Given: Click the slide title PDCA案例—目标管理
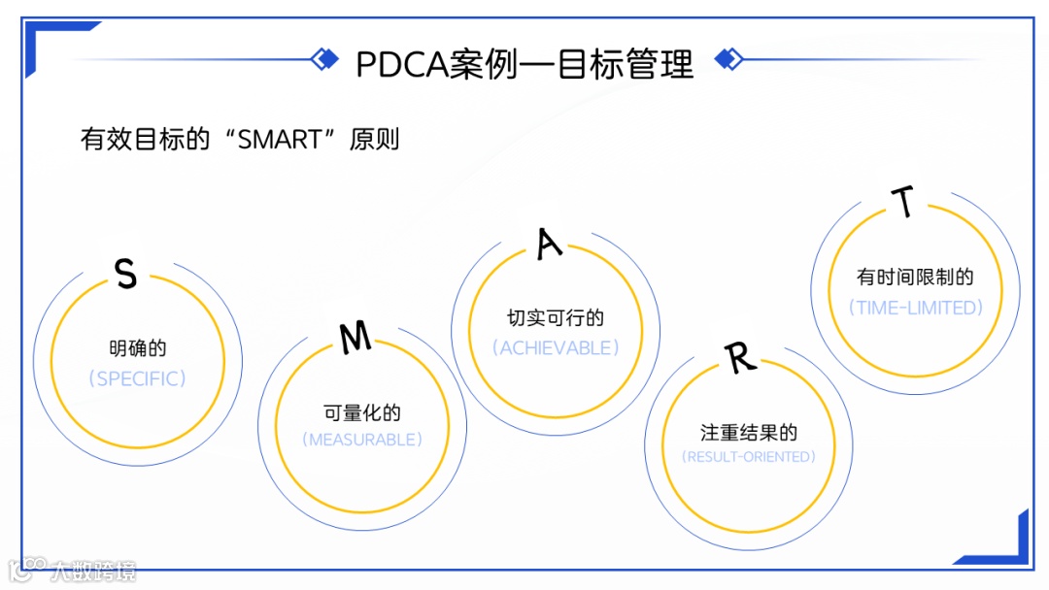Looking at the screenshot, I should click(x=524, y=64).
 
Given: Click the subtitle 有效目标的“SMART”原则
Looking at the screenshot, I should click(x=240, y=139).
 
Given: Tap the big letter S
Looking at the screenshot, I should click(x=125, y=275).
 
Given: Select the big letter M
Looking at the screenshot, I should click(x=355, y=337).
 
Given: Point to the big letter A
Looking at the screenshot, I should click(x=550, y=244).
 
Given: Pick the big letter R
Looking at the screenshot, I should click(x=740, y=358).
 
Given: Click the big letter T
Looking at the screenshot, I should click(x=904, y=202).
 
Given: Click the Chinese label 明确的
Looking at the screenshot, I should click(x=138, y=347).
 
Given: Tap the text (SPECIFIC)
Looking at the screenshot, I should click(x=137, y=378).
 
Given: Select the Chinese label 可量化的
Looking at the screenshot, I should click(x=361, y=412).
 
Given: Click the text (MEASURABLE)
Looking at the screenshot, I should click(x=361, y=440).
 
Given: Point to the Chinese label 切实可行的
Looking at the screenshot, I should click(x=556, y=318).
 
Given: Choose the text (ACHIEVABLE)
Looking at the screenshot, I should click(x=556, y=347).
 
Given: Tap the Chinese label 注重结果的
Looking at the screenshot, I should click(x=749, y=432).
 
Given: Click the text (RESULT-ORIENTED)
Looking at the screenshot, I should click(x=749, y=456).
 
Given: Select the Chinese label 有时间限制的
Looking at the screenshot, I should click(x=915, y=278).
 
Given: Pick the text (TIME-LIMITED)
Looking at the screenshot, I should click(x=915, y=308).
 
